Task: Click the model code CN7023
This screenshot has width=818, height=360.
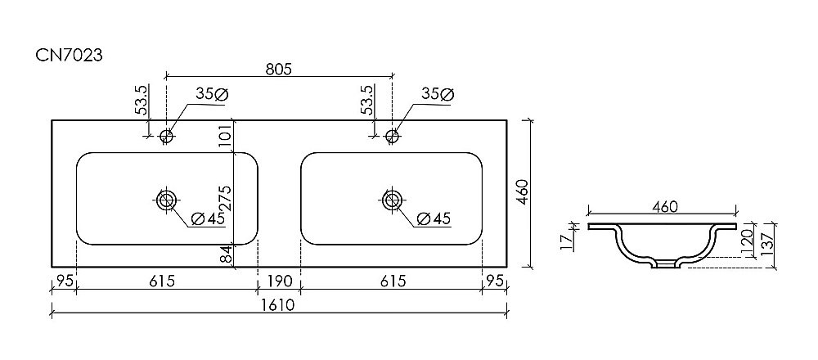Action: [69, 55]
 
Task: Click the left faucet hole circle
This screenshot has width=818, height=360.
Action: [167, 136]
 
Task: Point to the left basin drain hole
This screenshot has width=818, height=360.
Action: [168, 199]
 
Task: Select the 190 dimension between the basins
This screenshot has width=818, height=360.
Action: [279, 281]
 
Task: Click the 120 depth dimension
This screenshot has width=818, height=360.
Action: [748, 243]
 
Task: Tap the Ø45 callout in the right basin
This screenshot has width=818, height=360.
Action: [434, 218]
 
